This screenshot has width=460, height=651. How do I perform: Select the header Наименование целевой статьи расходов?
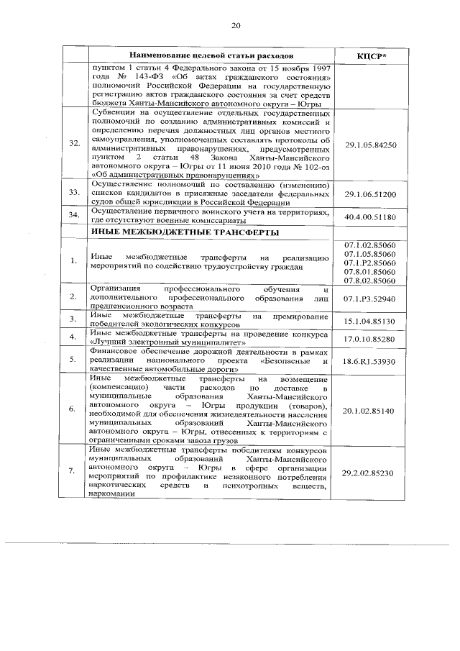click(x=211, y=55)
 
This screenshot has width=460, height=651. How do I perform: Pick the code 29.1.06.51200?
click(x=371, y=194)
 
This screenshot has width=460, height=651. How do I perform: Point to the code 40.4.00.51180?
click(x=371, y=215)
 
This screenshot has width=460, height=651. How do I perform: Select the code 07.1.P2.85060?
click(x=371, y=264)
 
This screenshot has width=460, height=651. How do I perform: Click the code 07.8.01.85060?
click(x=371, y=273)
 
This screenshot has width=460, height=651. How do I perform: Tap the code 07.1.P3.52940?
click(x=371, y=298)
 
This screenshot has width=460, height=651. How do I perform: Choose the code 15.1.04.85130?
click(x=371, y=321)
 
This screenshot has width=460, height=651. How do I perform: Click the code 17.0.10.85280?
click(x=371, y=338)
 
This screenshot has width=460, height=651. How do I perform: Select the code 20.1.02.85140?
click(x=371, y=410)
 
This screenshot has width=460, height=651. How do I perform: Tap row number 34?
click(x=74, y=215)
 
